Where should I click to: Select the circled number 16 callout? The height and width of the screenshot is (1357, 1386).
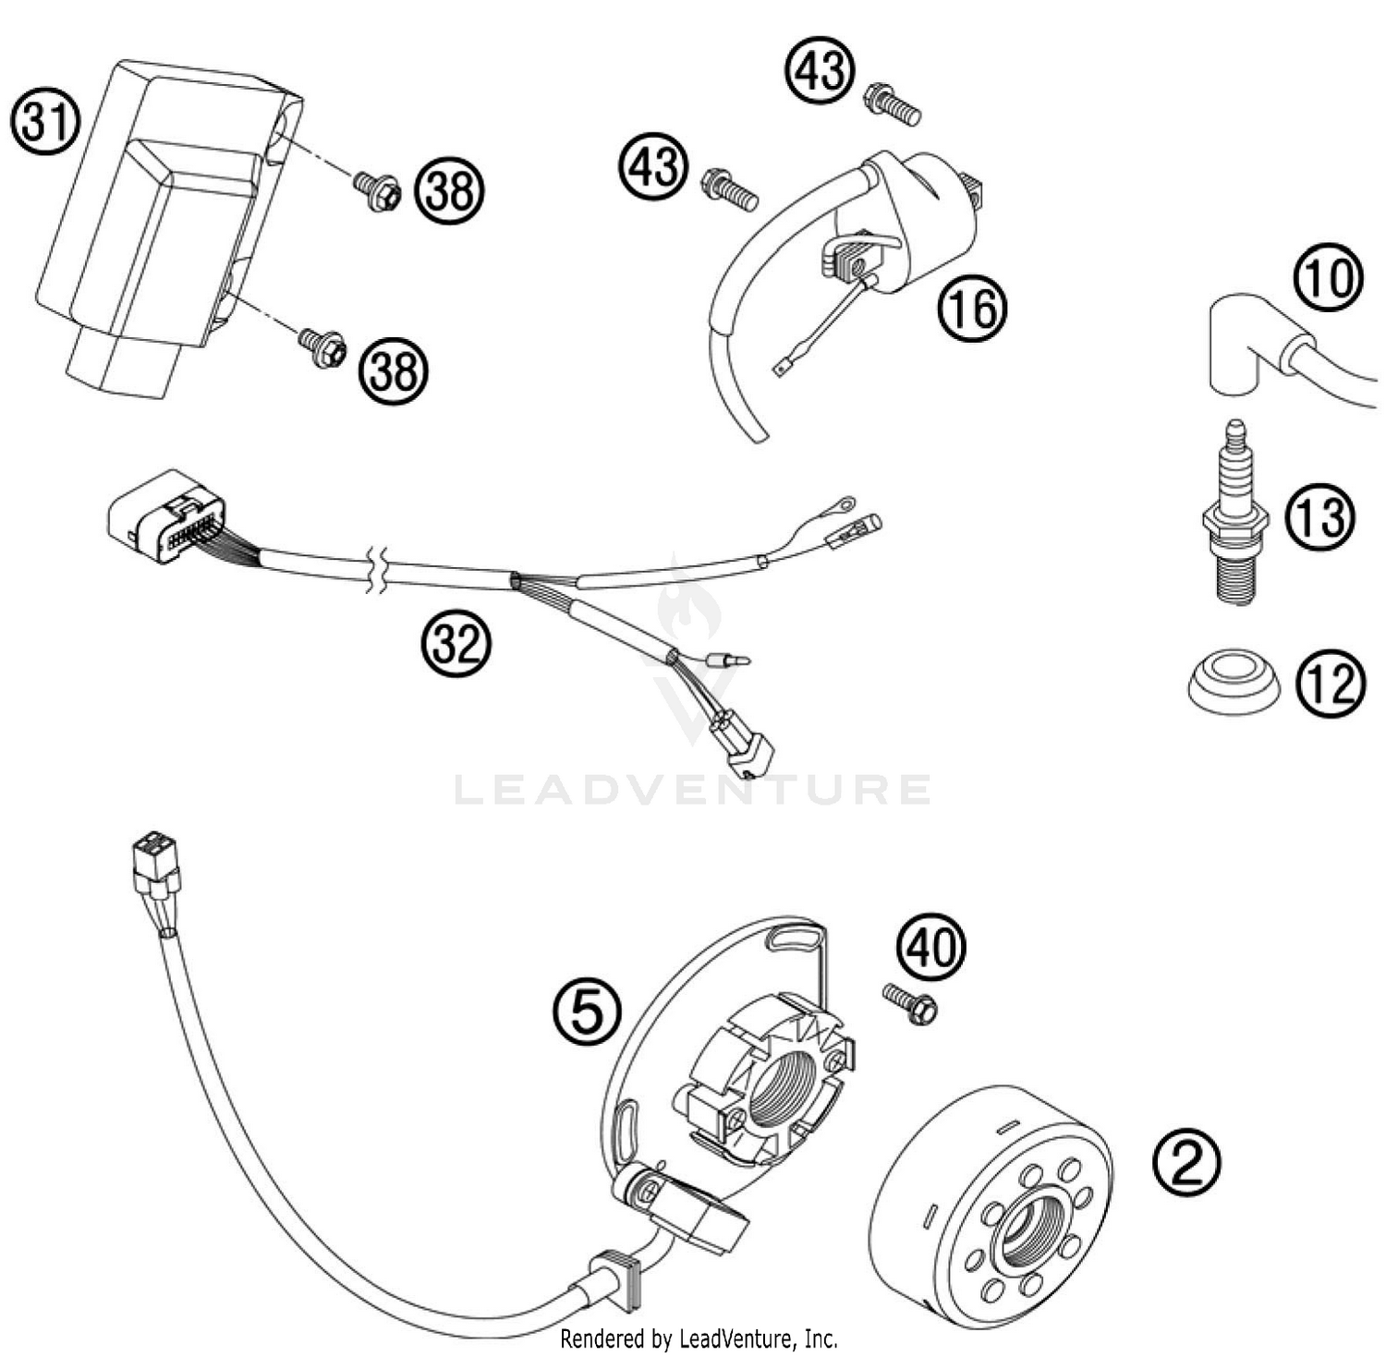coord(972,309)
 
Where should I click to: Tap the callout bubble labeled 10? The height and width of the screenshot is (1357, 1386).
coord(1328,277)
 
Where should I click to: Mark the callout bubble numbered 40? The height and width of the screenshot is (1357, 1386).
coord(930,947)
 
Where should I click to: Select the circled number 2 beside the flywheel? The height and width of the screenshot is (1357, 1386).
coord(1186,1163)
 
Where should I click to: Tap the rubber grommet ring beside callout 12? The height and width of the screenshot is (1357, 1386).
coord(1233,683)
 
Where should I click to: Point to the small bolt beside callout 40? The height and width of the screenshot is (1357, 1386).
coord(909,1003)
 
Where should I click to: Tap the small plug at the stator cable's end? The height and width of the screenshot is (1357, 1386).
coord(155,861)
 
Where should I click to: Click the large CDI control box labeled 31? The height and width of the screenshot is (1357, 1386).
coord(157,222)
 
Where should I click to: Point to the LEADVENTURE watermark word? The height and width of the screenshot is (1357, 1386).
coord(693,790)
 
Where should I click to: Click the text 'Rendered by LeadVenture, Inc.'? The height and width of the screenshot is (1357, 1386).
coord(699,1338)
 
